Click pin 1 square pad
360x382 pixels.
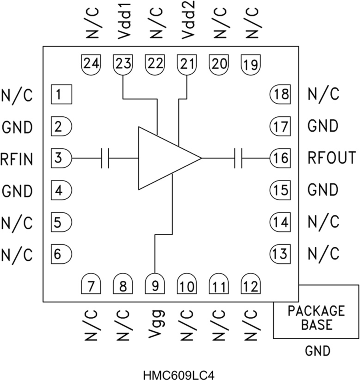click(61, 95)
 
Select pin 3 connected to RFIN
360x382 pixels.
click(61, 158)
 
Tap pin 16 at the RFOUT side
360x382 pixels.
click(279, 158)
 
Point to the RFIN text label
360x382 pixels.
click(16, 159)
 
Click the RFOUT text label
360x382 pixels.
click(331, 158)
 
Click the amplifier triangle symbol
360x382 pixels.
click(164, 158)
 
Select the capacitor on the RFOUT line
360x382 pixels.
click(239, 158)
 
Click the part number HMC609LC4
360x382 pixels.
click(180, 376)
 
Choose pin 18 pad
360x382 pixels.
click(279, 95)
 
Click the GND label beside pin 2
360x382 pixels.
click(16, 127)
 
